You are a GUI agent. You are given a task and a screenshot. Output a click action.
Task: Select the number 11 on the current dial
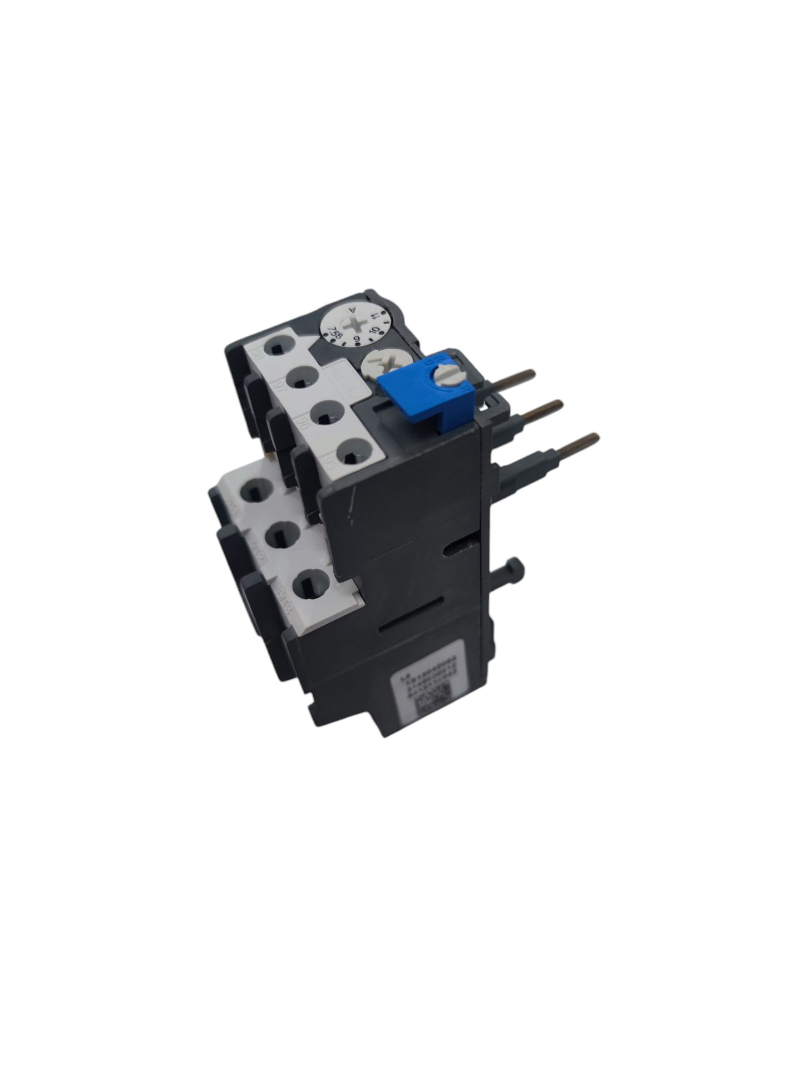pos(378,317)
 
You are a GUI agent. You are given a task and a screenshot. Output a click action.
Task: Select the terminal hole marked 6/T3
pos(305,585)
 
